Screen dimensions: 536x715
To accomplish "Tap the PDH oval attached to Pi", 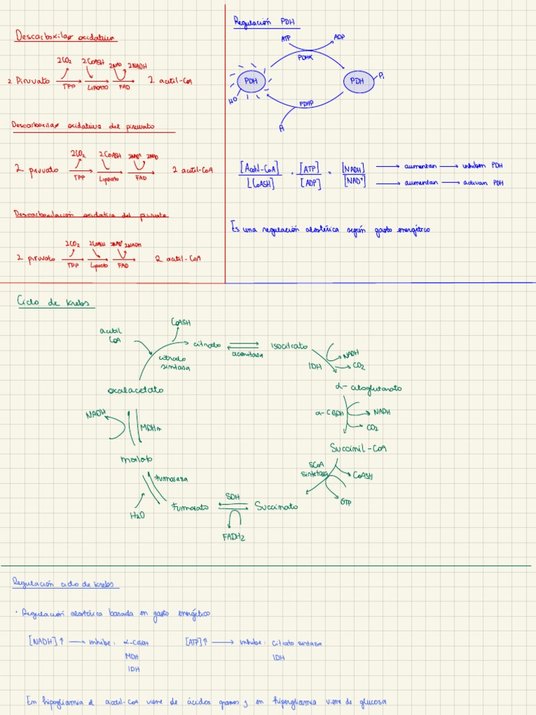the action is [357, 82].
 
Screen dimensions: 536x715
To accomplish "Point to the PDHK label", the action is [306, 57].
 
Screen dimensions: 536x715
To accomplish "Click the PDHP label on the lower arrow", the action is [307, 103].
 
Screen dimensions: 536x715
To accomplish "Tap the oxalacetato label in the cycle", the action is [135, 389].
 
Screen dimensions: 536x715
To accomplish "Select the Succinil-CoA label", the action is [359, 448].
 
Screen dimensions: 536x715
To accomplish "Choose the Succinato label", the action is [276, 506].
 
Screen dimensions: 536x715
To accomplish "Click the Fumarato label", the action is [190, 508].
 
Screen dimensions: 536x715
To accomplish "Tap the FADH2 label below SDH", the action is [234, 537].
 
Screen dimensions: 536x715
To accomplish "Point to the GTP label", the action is [345, 502].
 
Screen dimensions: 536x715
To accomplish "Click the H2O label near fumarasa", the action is [137, 515].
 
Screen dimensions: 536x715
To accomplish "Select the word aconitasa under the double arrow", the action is [248, 355].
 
